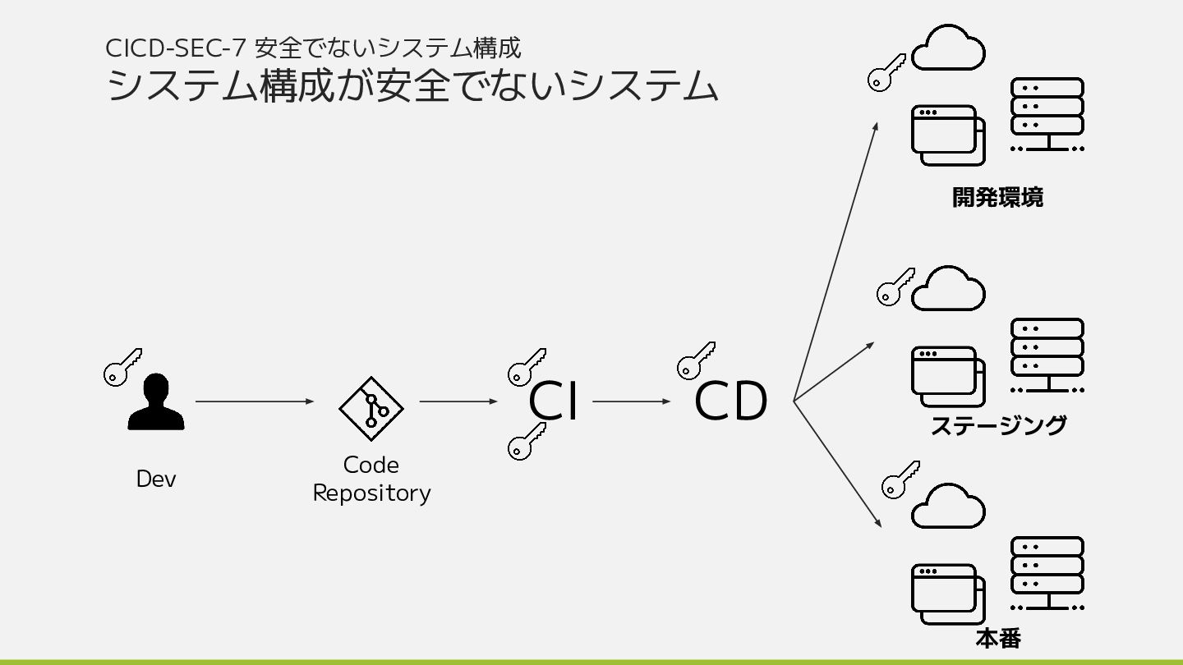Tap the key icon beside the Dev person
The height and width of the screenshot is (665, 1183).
coord(122,367)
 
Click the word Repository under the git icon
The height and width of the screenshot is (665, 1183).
coord(371,493)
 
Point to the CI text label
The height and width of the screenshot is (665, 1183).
coord(553,401)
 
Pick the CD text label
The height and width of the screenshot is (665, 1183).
coord(730,401)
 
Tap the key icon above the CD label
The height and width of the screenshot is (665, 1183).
coord(695,360)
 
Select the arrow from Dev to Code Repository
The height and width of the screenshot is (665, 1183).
coord(255,401)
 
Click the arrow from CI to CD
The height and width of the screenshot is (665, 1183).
coord(631,401)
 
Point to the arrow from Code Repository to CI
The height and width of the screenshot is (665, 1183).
coord(458,401)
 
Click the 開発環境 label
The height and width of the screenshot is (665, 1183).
coord(997,198)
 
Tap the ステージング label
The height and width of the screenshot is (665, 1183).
coord(998,425)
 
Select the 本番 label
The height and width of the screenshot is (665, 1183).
coord(998,638)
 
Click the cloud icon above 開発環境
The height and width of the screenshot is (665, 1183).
coord(948,49)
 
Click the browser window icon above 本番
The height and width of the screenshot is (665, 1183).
coord(947,594)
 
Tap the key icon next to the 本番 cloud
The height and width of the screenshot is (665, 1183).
coord(900,480)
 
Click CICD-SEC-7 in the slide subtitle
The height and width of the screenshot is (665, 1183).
coord(174,48)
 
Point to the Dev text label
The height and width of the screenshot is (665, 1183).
coord(156,479)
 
